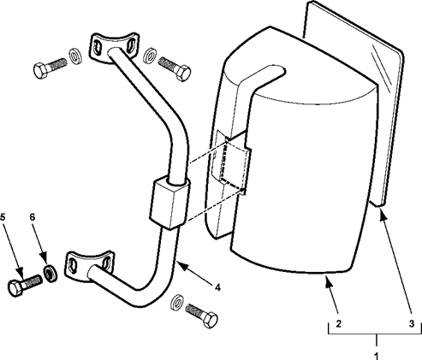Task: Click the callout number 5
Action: pyautogui.click(x=3, y=217)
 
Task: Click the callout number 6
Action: pyautogui.click(x=33, y=217)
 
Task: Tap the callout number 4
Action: pyautogui.click(x=217, y=287)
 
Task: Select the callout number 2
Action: pyautogui.click(x=338, y=324)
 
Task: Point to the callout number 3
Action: pyautogui.click(x=412, y=324)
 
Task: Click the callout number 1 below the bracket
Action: pyautogui.click(x=377, y=356)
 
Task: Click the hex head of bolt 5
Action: pyautogui.click(x=15, y=288)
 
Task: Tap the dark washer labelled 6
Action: pyautogui.click(x=51, y=274)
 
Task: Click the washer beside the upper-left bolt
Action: pyautogui.click(x=75, y=56)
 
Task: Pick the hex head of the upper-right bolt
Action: pyautogui.click(x=183, y=73)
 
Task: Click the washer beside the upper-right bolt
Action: pyautogui.click(x=149, y=56)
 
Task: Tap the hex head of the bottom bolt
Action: pyautogui.click(x=210, y=320)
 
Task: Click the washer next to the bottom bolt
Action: pyautogui.click(x=177, y=302)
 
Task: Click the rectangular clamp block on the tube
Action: pyautogui.click(x=169, y=203)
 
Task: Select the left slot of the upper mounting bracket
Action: pyautogui.click(x=97, y=48)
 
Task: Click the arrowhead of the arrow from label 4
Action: pyautogui.click(x=183, y=267)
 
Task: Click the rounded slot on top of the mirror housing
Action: pyautogui.click(x=262, y=74)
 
